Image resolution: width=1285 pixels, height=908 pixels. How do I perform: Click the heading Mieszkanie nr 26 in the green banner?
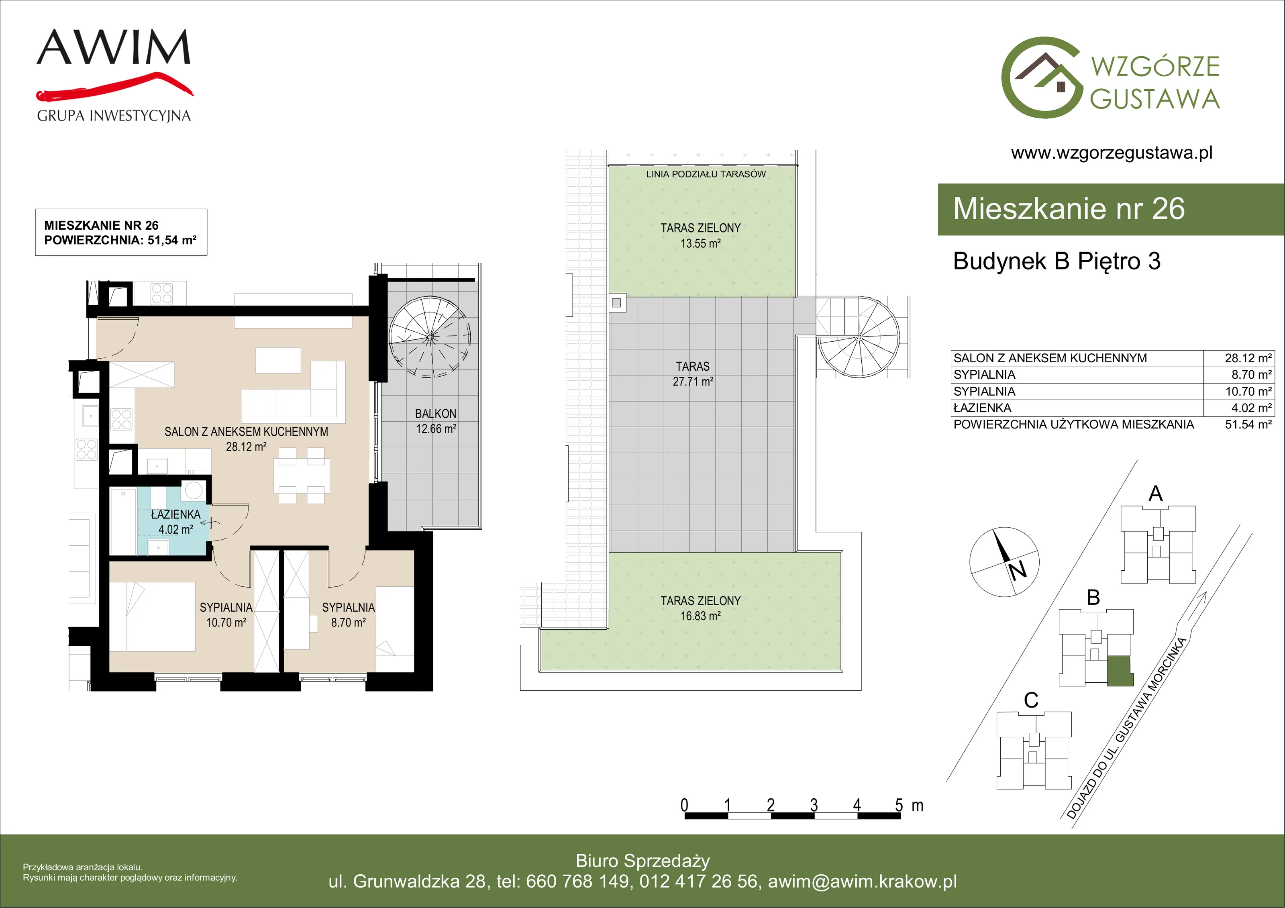click(x=1069, y=209)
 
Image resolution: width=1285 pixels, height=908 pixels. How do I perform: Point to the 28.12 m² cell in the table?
click(x=1248, y=358)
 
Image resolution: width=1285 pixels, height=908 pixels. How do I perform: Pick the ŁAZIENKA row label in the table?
click(x=982, y=408)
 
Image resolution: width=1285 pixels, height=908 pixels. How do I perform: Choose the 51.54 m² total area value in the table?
click(x=1248, y=424)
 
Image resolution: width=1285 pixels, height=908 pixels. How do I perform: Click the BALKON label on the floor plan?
click(x=435, y=414)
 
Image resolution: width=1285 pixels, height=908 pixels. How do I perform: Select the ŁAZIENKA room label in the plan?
click(x=176, y=514)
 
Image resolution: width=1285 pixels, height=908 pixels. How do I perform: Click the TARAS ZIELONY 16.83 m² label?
click(x=700, y=608)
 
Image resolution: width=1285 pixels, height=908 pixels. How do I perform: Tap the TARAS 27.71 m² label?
click(x=693, y=374)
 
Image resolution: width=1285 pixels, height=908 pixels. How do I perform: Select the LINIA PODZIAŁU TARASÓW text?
click(x=706, y=174)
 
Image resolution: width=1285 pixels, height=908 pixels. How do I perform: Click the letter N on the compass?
click(x=1018, y=570)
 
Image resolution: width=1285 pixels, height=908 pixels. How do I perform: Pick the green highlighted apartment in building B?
click(x=1120, y=671)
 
